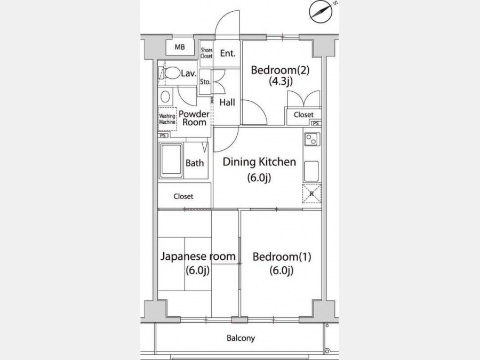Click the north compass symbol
(x=321, y=11)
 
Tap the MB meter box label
(x=180, y=47)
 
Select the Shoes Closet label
(x=206, y=53)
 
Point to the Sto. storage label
(x=205, y=82)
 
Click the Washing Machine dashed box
(x=167, y=119)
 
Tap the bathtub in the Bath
(x=171, y=161)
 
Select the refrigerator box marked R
(x=311, y=194)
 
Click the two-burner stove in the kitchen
(x=312, y=139)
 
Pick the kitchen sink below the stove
(x=311, y=171)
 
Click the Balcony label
(x=241, y=338)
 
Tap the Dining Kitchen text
(x=259, y=162)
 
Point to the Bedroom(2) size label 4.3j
(x=281, y=82)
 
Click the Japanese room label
(x=198, y=256)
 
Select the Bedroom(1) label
(x=282, y=257)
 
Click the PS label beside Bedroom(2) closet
(x=316, y=123)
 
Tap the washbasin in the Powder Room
(x=165, y=97)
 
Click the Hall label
(x=227, y=102)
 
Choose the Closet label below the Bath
(x=183, y=196)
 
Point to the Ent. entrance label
(x=228, y=53)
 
